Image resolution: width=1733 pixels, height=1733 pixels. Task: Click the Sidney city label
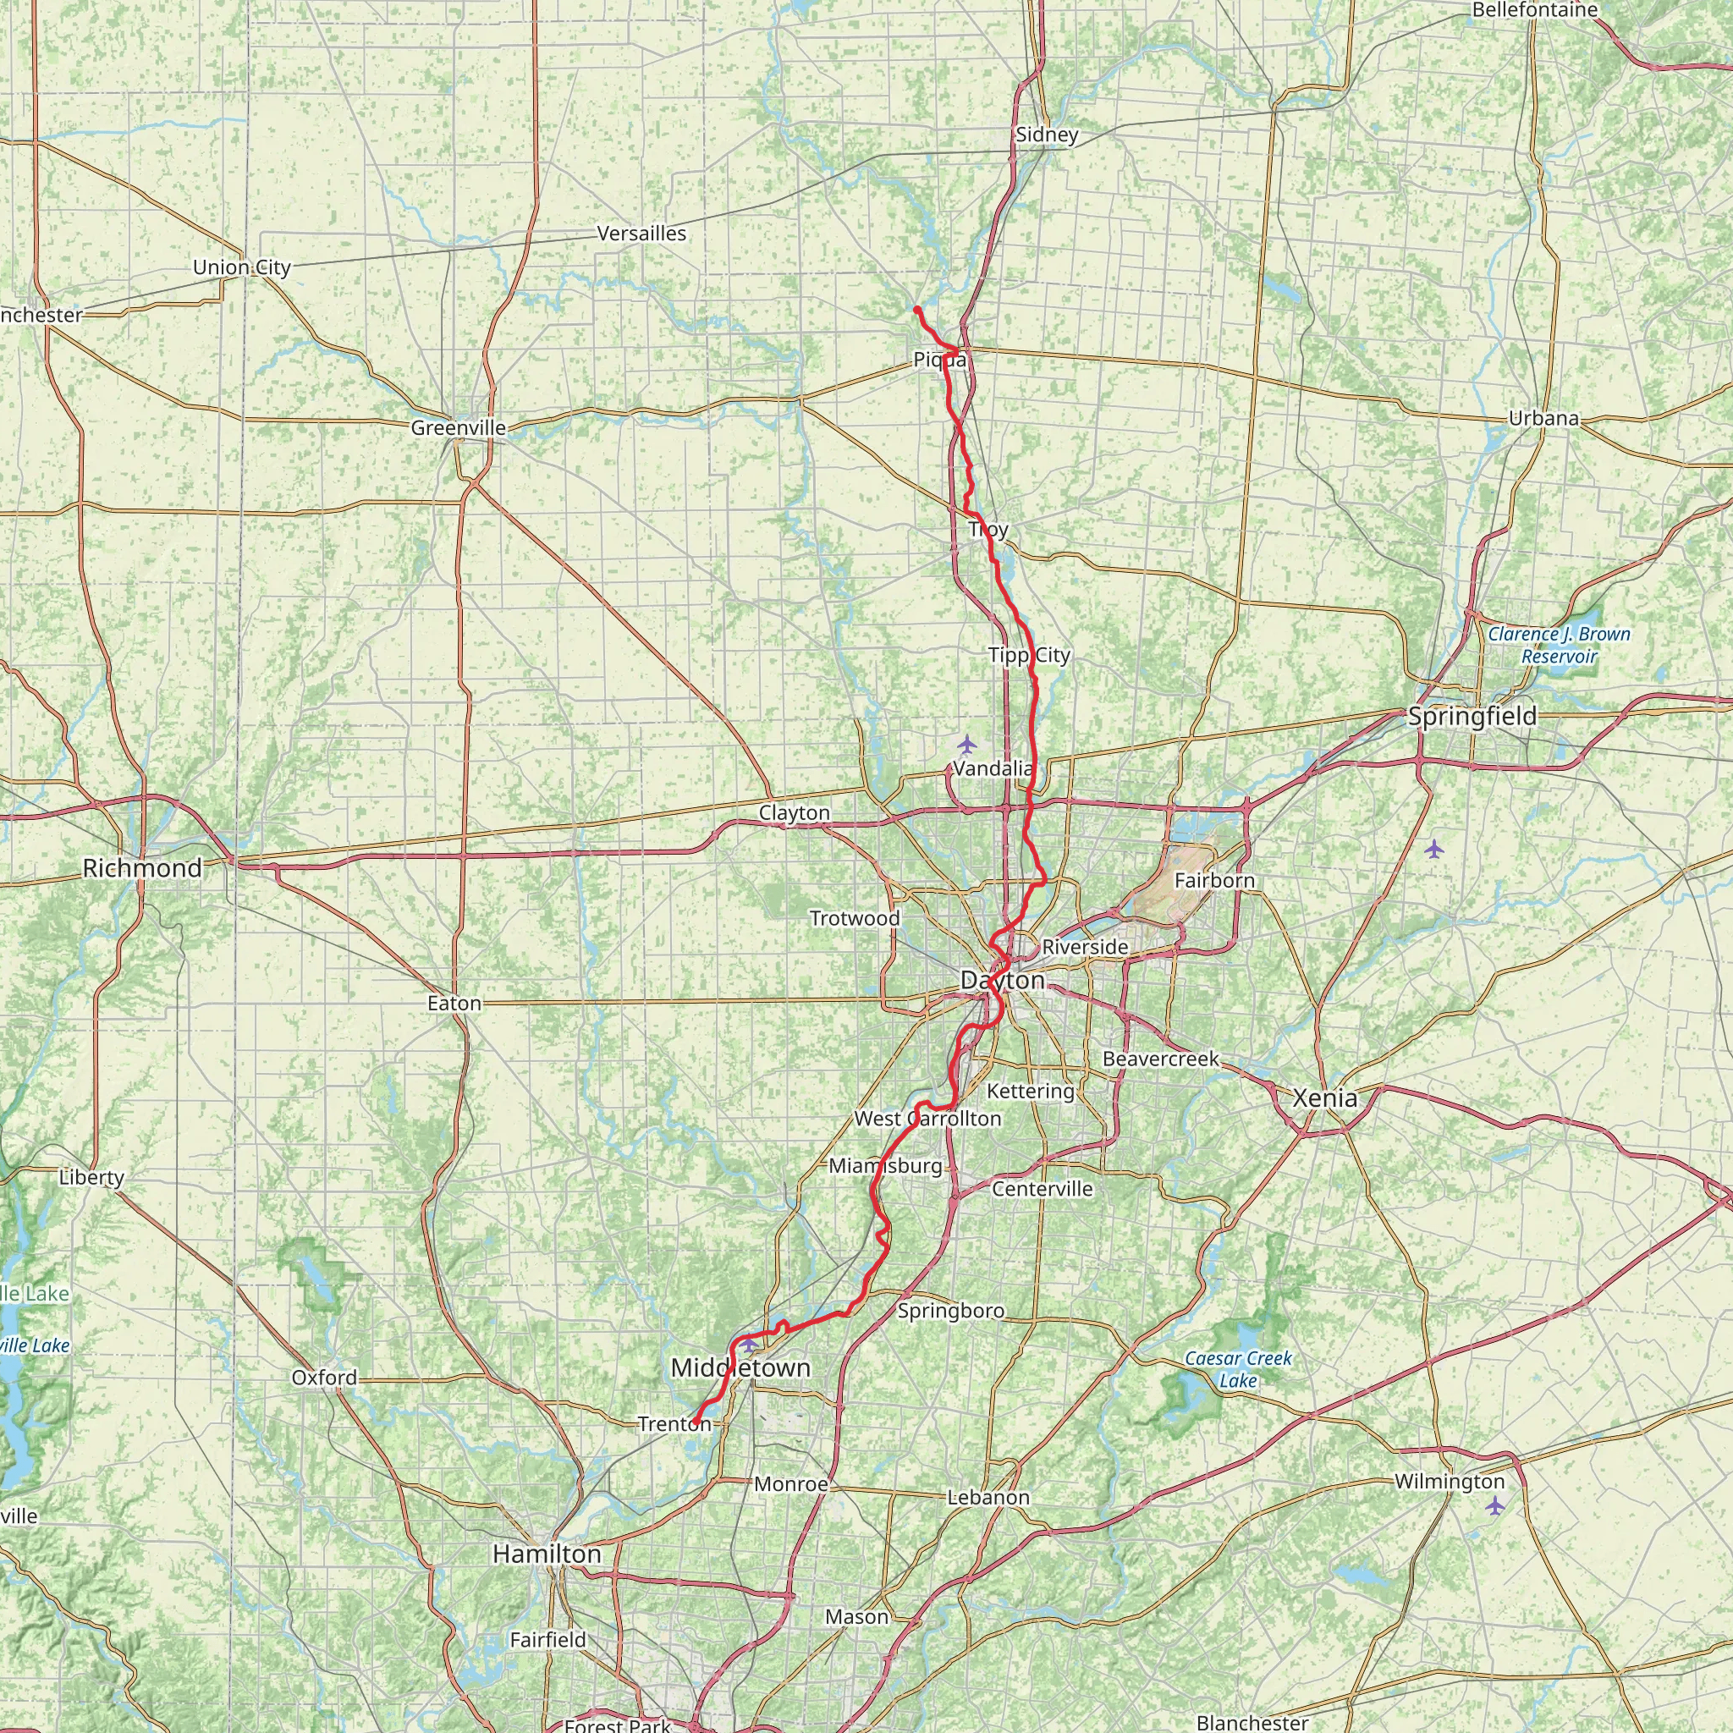point(1046,135)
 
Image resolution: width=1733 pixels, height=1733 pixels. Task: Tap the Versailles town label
point(641,234)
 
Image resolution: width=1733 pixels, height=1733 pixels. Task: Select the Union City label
point(241,267)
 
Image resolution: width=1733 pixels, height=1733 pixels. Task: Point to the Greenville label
point(459,428)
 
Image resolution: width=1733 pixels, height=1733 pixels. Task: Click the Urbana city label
point(1543,418)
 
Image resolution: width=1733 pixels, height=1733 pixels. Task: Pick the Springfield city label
point(1472,716)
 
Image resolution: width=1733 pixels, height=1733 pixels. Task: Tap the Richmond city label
point(141,867)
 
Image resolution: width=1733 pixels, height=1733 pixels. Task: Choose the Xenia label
point(1325,1097)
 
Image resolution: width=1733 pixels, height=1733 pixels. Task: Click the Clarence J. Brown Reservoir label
point(1559,645)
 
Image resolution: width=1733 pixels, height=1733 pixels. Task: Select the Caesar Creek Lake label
point(1238,1369)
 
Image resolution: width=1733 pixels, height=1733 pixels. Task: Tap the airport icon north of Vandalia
point(966,744)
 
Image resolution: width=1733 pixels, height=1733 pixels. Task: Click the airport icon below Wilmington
point(1494,1506)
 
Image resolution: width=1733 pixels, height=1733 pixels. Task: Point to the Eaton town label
point(454,1003)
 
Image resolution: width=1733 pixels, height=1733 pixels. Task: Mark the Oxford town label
point(324,1377)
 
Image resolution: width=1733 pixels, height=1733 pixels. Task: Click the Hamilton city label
point(547,1554)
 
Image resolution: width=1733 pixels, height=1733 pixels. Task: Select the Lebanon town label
point(988,1497)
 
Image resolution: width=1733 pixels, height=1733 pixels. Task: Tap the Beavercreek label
point(1161,1059)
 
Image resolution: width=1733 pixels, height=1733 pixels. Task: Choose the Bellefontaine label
point(1535,10)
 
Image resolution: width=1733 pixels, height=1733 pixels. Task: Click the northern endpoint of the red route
point(916,309)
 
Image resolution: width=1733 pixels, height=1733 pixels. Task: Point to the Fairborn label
point(1214,880)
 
